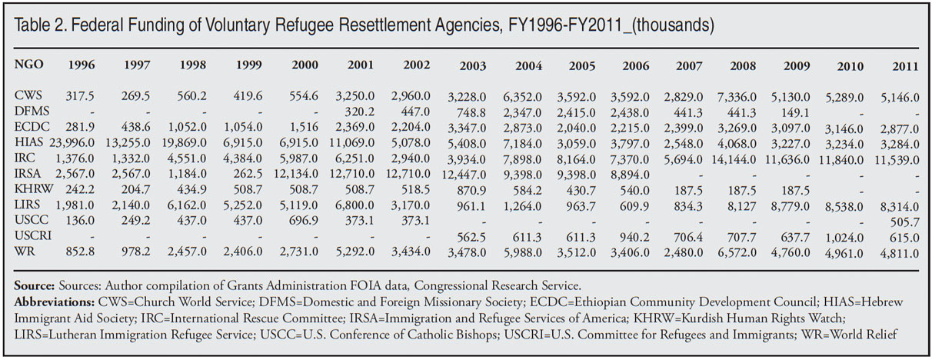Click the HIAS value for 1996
72,143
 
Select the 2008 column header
743,65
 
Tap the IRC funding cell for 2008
734,159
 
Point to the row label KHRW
34,189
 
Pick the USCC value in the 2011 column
905,222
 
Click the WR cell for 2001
355,252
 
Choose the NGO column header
28,65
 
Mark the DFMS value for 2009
796,113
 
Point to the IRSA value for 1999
248,174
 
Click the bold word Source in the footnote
34,285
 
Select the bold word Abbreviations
54,302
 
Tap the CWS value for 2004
523,97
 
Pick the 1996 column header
82,65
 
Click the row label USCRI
33,235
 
